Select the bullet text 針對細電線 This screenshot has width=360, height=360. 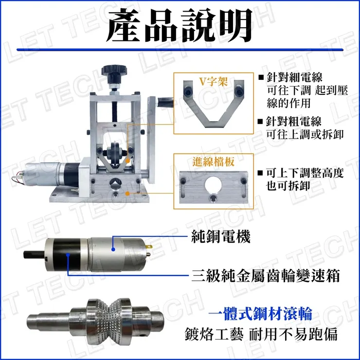298,78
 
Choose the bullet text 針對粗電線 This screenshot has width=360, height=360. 298,121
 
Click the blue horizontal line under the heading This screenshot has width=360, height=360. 180,50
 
